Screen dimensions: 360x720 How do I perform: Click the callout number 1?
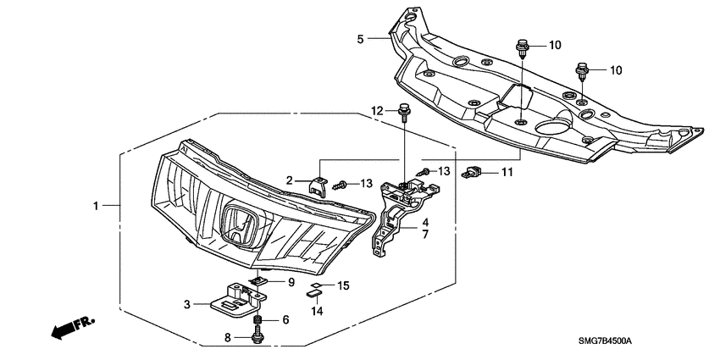point(96,206)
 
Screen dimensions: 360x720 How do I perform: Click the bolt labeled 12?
point(404,112)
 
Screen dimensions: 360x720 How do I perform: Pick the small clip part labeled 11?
point(471,174)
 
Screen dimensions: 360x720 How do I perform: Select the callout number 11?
point(507,173)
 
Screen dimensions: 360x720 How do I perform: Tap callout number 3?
point(187,303)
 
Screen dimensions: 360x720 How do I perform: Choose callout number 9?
point(291,282)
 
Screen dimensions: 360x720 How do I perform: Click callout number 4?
point(425,222)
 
